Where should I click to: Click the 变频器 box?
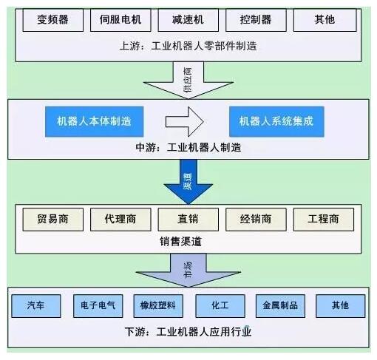coord(53,20)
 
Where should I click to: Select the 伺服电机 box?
coord(120,20)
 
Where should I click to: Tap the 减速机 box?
coord(188,20)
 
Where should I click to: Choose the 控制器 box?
coord(256,20)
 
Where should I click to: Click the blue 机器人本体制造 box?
coord(95,121)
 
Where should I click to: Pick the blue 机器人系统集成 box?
coord(276,121)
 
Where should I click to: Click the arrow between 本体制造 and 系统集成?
coord(184,121)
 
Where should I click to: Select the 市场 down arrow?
coord(188,271)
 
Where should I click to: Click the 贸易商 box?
coord(53,220)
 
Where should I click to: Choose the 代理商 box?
coord(120,220)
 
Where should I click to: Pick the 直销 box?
coord(188,220)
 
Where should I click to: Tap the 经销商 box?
coord(256,220)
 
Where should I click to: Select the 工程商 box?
coord(324,220)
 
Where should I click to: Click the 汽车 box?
coord(36,306)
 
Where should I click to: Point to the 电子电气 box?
coord(98,306)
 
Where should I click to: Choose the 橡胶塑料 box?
coord(158,306)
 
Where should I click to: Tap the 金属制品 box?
coord(280,306)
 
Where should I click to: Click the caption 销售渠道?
coord(180,242)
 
